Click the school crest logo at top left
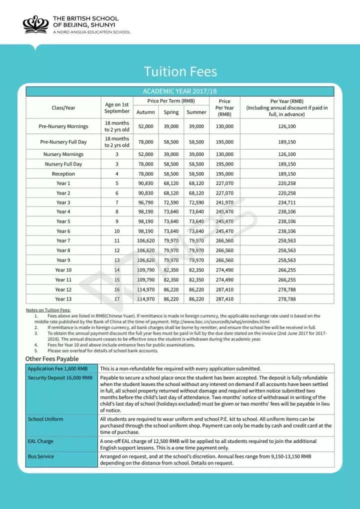tap(36, 24)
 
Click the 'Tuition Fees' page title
tap(180, 71)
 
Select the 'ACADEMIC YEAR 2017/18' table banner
tap(180, 91)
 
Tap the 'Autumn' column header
tap(145, 112)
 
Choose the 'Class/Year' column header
tap(63, 107)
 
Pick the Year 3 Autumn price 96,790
tap(145, 202)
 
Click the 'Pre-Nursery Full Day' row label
tap(63, 142)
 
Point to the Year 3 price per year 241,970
tap(224, 202)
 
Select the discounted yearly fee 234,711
tap(286, 202)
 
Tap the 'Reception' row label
tap(63, 174)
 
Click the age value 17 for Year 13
tap(117, 299)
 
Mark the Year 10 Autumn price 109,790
tap(145, 270)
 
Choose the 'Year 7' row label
tap(63, 241)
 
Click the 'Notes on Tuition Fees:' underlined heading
tap(48, 310)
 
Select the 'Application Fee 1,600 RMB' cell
tap(61, 368)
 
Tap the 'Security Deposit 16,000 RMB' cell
tap(61, 378)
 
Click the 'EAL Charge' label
tap(41, 441)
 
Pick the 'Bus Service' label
tap(41, 456)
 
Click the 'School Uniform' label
tap(46, 419)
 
